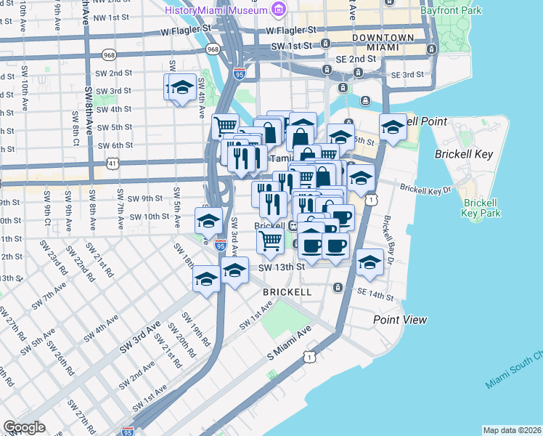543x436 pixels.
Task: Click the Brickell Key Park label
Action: [x=481, y=208]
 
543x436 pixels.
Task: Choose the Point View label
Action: [x=400, y=320]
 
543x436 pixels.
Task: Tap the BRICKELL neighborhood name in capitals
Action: [x=287, y=292]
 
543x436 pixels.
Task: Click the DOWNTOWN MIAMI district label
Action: [x=383, y=42]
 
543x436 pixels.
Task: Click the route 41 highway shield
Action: [x=113, y=164]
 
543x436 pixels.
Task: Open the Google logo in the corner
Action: [x=24, y=427]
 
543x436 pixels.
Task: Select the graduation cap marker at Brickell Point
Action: [x=393, y=129]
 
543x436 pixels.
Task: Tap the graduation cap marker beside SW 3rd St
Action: [x=182, y=88]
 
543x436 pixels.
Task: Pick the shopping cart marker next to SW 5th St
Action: [x=226, y=125]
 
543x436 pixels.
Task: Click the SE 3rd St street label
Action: [x=407, y=75]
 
